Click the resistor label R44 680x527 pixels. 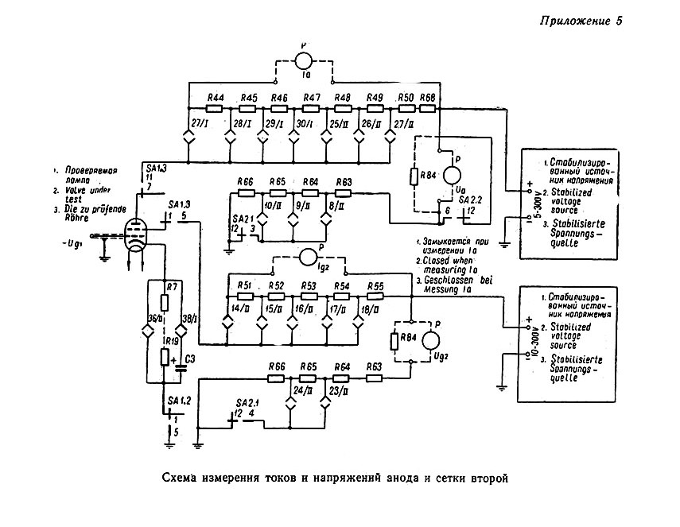[215, 97]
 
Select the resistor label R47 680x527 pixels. [311, 97]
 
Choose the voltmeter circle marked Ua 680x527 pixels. [451, 175]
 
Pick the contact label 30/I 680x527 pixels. [305, 124]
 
